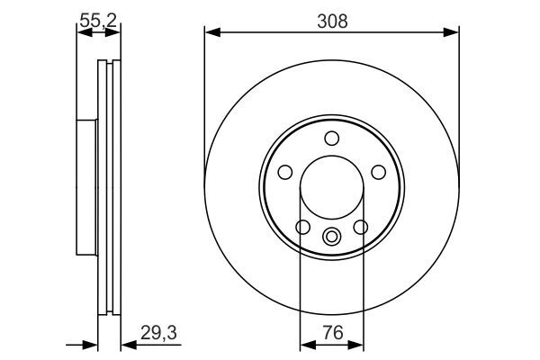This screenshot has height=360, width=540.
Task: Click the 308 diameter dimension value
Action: (331, 17)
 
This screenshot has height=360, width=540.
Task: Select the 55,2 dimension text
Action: (98, 17)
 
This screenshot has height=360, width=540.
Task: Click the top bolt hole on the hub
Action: (331, 138)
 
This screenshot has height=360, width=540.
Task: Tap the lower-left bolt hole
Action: (303, 228)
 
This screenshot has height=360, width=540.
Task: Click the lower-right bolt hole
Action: (360, 228)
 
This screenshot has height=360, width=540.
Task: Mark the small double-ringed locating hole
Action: (331, 238)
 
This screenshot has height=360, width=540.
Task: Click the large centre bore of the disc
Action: (331, 186)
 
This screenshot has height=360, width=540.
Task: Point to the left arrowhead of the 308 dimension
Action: (211, 33)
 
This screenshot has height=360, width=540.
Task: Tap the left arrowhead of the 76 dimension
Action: (304, 343)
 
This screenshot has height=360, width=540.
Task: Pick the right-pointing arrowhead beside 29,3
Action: (90, 343)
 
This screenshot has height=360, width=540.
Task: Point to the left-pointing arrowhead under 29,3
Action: (126, 343)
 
